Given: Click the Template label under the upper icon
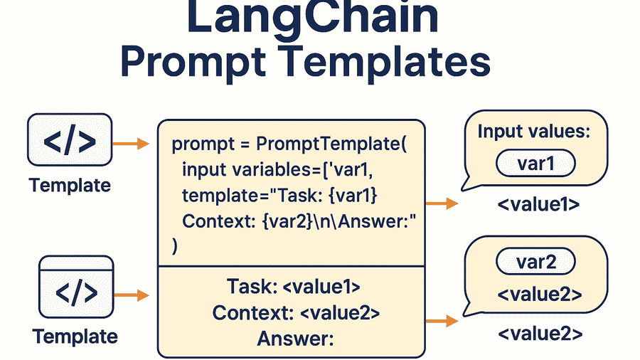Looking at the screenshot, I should (x=70, y=186).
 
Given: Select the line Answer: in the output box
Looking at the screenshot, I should (x=295, y=339).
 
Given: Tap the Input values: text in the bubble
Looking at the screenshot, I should (x=533, y=132).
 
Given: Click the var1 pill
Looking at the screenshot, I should (x=535, y=164).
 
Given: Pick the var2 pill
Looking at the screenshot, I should (x=535, y=263).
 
